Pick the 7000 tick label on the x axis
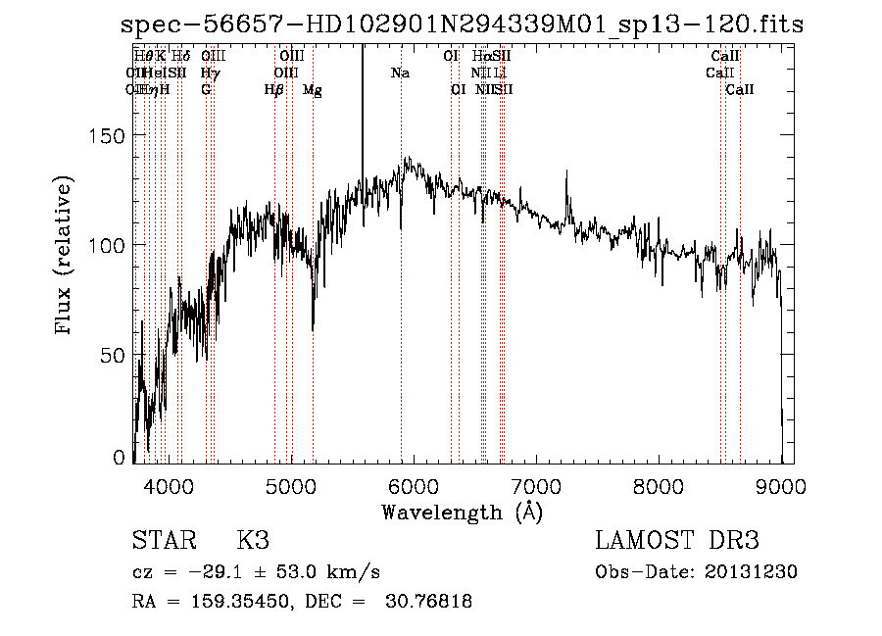point(536,485)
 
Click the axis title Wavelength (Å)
point(462,512)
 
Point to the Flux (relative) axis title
point(66,257)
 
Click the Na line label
point(400,73)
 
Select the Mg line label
point(312,90)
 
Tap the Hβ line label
point(273,90)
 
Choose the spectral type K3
point(252,541)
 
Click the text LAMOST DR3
point(677,541)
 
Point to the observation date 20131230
point(749,572)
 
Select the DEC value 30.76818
point(430,602)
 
